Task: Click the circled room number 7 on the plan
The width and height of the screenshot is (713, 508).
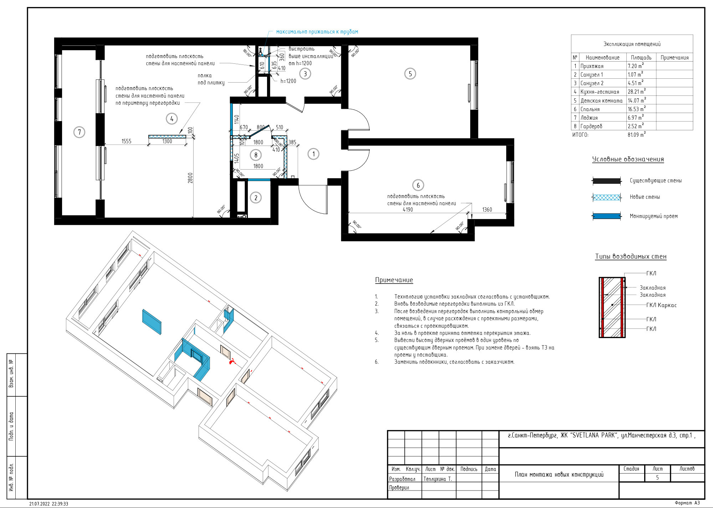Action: (x=79, y=132)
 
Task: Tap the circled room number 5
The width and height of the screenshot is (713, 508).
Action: (x=410, y=74)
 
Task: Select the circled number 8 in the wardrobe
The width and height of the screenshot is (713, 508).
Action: (x=256, y=155)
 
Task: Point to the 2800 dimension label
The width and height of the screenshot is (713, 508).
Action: (x=190, y=178)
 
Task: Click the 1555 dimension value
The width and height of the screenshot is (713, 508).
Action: (x=126, y=141)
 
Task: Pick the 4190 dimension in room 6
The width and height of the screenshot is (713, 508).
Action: (x=407, y=209)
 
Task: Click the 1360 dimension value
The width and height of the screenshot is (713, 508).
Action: (x=487, y=209)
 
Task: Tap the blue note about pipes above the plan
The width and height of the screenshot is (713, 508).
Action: (x=317, y=32)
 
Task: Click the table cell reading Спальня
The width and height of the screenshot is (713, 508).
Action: (x=590, y=109)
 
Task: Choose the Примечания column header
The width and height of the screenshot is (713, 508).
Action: (x=674, y=58)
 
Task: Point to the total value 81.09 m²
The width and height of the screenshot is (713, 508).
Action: (x=637, y=135)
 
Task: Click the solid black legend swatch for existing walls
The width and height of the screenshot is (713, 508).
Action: (x=606, y=181)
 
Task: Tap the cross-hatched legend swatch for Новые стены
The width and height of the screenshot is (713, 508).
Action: (x=606, y=197)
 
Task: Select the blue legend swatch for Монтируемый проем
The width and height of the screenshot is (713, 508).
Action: (x=606, y=216)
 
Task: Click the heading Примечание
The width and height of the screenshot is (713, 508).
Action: (x=394, y=280)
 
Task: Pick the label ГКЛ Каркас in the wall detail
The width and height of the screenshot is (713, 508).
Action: (x=661, y=305)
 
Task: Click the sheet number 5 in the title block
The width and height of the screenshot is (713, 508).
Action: (x=657, y=477)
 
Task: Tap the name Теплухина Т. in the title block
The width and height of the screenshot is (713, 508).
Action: (x=438, y=479)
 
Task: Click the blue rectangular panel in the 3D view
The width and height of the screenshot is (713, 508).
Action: (x=152, y=322)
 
